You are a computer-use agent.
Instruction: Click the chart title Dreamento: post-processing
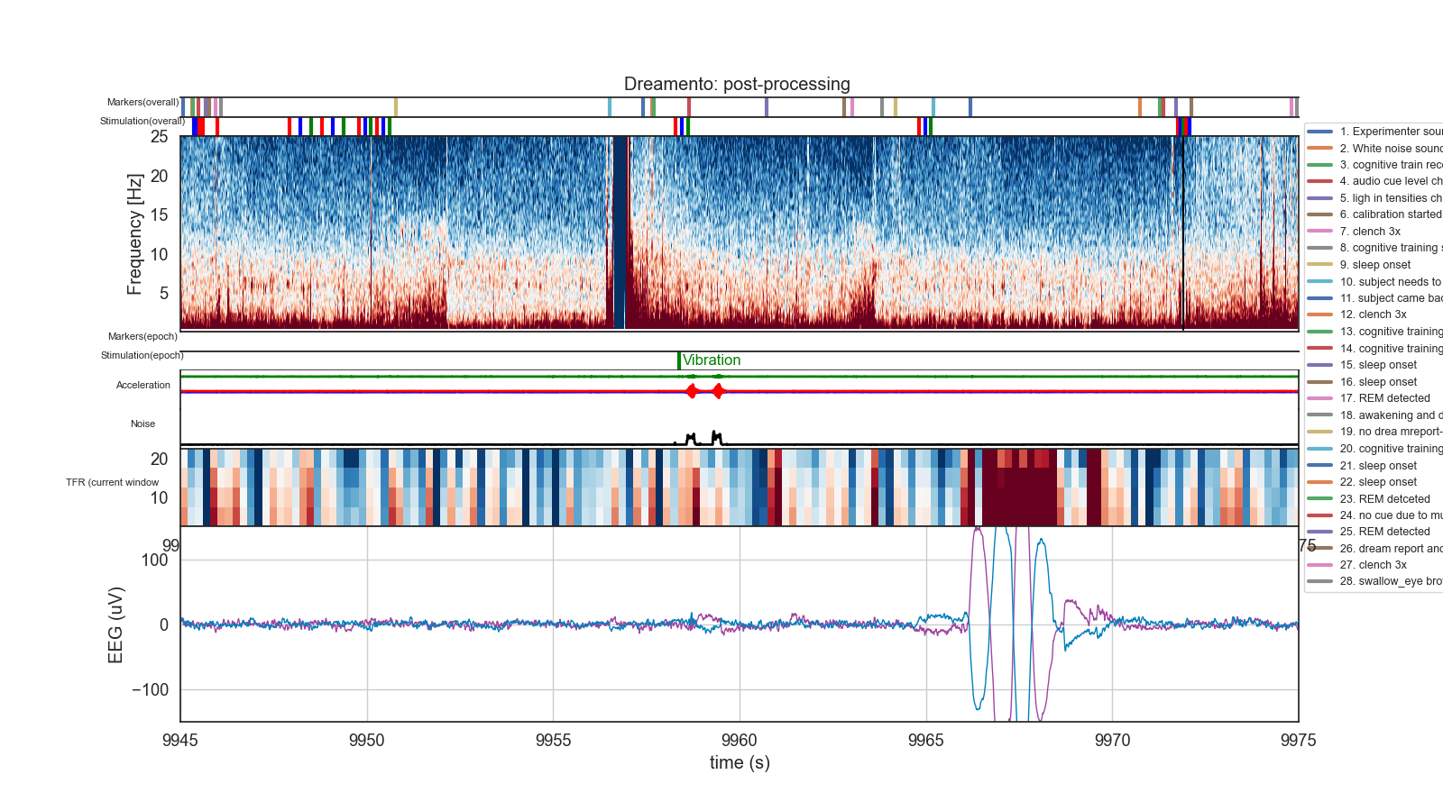point(737,84)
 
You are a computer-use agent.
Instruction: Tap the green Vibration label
point(712,360)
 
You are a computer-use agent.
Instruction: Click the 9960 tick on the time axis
point(740,741)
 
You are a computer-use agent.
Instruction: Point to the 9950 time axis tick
point(366,741)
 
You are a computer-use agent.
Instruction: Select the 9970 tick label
point(1112,741)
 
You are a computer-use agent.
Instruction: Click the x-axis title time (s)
point(740,763)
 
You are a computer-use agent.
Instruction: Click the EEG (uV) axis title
point(115,624)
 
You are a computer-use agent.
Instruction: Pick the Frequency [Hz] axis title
point(134,234)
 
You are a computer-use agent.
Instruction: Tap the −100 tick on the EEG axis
point(150,690)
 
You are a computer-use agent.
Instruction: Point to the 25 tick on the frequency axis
point(159,137)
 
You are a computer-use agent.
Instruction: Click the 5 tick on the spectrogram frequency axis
point(163,293)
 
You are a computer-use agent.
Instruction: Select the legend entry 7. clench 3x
point(1370,232)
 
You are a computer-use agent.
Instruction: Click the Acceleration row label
point(142,385)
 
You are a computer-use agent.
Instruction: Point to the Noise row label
point(142,424)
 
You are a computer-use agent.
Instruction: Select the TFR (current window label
point(112,482)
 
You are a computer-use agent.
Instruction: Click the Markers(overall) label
point(142,102)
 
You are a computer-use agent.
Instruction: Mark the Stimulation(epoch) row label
point(142,355)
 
